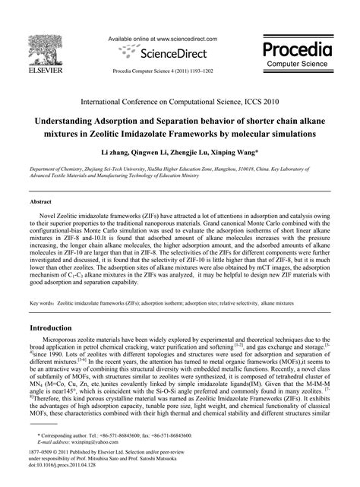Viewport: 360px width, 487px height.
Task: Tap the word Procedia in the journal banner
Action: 298,50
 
